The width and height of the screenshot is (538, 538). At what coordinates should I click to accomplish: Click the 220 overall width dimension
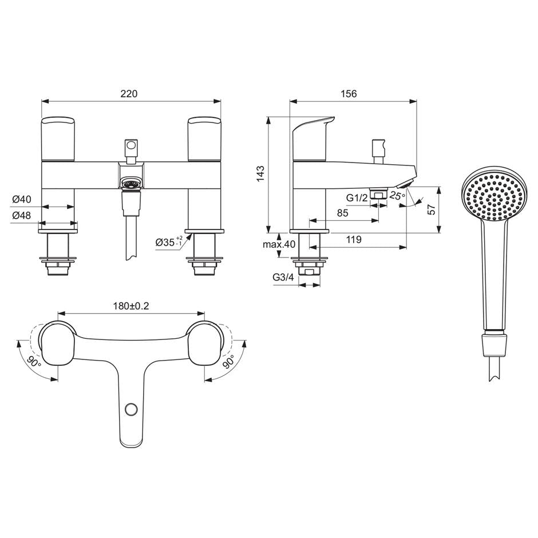pyautogui.click(x=130, y=93)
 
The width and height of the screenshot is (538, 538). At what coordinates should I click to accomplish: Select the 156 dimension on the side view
pyautogui.click(x=349, y=93)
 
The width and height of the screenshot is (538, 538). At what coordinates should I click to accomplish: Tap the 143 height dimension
pyautogui.click(x=260, y=173)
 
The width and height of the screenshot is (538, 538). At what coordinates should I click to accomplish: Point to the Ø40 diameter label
pyautogui.click(x=22, y=200)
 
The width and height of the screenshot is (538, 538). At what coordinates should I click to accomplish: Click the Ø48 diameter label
pyautogui.click(x=22, y=216)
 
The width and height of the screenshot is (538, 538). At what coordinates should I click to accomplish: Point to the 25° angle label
pyautogui.click(x=397, y=196)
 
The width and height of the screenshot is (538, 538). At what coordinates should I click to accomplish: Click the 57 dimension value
pyautogui.click(x=433, y=209)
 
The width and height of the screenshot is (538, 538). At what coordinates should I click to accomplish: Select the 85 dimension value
pyautogui.click(x=343, y=213)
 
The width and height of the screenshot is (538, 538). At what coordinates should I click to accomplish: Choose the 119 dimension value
pyautogui.click(x=354, y=240)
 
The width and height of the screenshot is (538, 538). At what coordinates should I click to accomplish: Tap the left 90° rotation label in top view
pyautogui.click(x=33, y=363)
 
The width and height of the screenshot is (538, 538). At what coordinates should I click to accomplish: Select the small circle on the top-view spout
pyautogui.click(x=132, y=409)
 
